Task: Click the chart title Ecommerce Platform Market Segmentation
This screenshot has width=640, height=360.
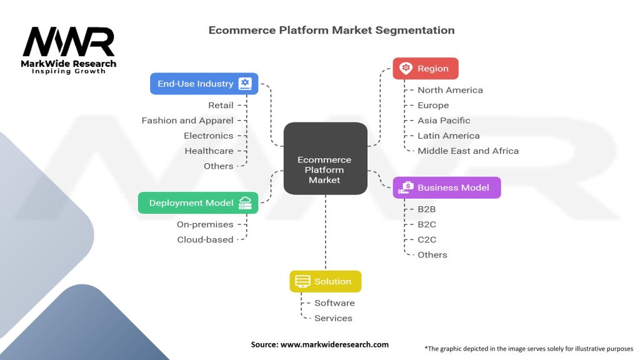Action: [331, 30]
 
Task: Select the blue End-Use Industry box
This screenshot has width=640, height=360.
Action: [204, 84]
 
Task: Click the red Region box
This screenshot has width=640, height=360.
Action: [425, 69]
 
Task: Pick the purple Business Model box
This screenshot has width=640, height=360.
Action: [446, 187]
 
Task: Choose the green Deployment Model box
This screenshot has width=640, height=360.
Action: [198, 203]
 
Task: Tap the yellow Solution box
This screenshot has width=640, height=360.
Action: [325, 281]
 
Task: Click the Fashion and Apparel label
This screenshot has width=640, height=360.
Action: [187, 121]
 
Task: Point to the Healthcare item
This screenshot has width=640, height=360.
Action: [209, 151]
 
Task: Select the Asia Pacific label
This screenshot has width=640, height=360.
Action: [444, 121]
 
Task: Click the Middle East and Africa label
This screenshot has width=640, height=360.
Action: [468, 151]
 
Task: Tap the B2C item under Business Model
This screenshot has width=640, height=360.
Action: [427, 224]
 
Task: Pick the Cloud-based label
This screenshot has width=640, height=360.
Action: [205, 239]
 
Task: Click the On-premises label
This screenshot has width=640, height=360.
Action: [205, 224]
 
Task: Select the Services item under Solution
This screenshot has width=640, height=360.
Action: [333, 318]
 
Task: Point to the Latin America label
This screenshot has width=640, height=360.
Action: [449, 136]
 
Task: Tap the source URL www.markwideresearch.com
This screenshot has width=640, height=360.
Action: [319, 344]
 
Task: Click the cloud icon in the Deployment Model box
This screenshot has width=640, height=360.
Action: [245, 203]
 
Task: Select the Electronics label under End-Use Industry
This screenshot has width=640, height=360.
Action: [208, 136]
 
